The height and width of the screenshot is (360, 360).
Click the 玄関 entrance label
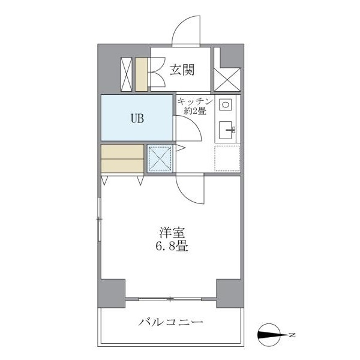click(181, 70)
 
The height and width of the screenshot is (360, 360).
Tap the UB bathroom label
click(137, 118)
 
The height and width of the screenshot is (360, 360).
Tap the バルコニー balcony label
click(171, 323)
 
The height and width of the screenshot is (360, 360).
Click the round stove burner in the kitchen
click(226, 104)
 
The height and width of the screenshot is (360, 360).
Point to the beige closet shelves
click(122, 158)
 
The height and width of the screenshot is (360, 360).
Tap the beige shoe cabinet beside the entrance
click(142, 73)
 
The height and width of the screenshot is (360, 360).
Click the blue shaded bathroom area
click(137, 118)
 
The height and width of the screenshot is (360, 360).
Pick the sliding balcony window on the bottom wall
click(171, 299)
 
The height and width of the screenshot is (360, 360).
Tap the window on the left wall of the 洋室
click(100, 220)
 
